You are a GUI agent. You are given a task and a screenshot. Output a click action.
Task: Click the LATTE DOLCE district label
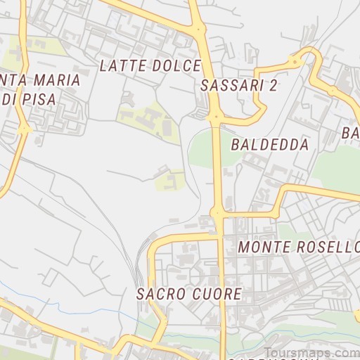(x=150, y=66)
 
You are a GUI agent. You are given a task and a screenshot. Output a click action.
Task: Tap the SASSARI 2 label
(x=239, y=86)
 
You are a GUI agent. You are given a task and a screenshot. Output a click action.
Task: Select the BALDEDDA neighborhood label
(x=269, y=146)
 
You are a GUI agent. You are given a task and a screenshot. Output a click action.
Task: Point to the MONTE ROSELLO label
(x=299, y=247)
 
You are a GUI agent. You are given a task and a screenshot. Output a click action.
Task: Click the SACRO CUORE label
(x=189, y=293)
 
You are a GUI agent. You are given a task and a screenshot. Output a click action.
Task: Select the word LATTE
(x=124, y=66)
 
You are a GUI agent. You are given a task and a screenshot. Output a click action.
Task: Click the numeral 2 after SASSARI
(x=274, y=86)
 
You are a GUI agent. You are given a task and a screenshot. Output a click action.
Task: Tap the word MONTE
(x=264, y=247)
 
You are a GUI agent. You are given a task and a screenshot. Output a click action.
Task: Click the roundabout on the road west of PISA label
(x=25, y=129)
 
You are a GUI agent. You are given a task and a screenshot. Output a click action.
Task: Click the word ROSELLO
(x=328, y=247)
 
